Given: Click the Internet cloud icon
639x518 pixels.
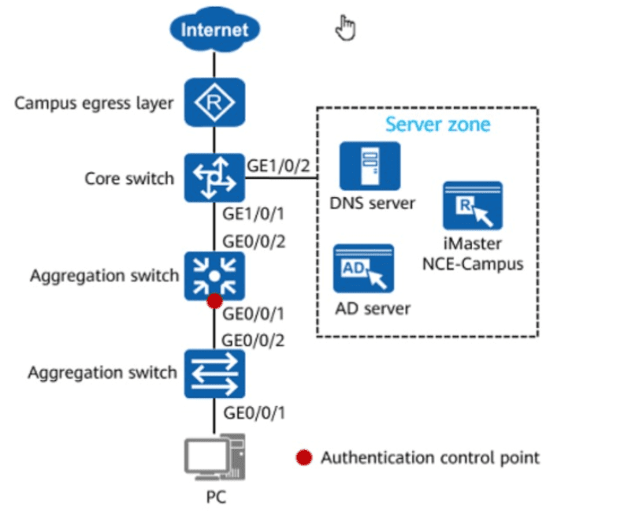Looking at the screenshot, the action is [x=215, y=29].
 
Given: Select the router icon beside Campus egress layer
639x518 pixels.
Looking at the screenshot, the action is [x=215, y=102].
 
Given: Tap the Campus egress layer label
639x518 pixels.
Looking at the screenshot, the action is [x=94, y=103].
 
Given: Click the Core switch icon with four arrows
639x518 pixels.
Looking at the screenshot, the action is [x=215, y=178].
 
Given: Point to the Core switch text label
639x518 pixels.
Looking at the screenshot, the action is [x=129, y=179].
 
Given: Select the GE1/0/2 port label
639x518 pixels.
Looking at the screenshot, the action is [x=279, y=166].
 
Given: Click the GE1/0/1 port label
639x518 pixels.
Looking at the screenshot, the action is [x=253, y=214].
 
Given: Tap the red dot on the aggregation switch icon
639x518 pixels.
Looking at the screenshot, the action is [x=215, y=301].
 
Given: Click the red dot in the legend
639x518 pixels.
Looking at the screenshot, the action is [x=304, y=457].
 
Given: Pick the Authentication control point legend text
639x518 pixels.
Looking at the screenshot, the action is [x=430, y=457].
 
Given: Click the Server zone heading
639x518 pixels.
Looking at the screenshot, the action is [x=437, y=125].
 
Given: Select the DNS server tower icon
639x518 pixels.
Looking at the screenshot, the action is [x=370, y=166].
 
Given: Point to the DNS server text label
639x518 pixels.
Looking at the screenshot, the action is [x=372, y=203].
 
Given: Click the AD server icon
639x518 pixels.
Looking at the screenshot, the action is [x=363, y=268].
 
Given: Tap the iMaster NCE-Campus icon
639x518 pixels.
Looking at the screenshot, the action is [x=473, y=206].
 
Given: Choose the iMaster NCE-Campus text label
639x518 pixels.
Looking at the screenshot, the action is [x=473, y=254].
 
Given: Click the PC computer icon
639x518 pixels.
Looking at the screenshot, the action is [x=215, y=457].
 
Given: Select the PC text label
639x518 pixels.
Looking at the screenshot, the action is [x=216, y=498].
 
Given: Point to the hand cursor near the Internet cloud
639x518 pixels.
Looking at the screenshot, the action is [x=345, y=28].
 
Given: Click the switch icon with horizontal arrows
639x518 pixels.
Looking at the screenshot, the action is [x=215, y=374].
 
